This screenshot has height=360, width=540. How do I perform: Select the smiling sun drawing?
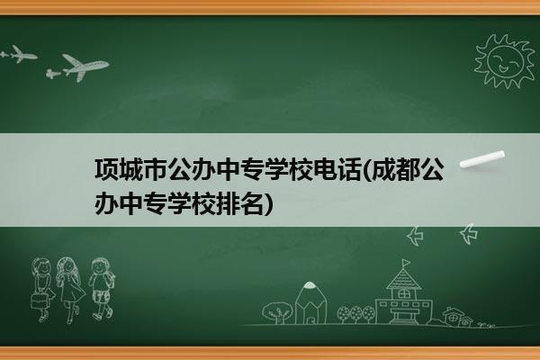(x=504, y=61)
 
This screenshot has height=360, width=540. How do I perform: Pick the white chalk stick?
(x=482, y=159)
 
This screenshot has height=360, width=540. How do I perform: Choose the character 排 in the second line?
(x=229, y=203)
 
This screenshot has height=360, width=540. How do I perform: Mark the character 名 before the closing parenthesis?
(x=253, y=203)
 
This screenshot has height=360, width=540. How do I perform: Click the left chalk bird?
(x=415, y=236)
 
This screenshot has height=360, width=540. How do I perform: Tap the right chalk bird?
(x=469, y=234)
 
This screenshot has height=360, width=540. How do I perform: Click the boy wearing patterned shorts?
(x=102, y=289)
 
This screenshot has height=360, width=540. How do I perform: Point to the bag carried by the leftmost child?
(x=39, y=301)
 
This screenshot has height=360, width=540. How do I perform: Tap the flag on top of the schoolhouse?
(x=407, y=264)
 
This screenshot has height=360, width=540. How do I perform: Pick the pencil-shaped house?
(x=310, y=302)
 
